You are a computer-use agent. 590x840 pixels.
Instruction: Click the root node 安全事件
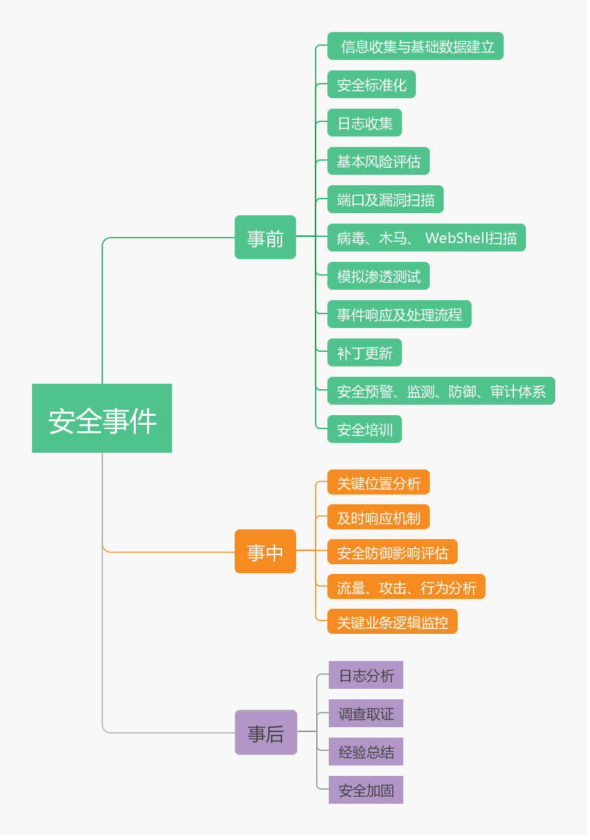[x=102, y=419]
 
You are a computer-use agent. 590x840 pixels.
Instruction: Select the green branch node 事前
[x=265, y=238]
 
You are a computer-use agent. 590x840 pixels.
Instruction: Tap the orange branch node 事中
[x=265, y=552]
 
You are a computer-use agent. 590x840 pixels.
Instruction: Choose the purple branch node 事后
[x=265, y=733]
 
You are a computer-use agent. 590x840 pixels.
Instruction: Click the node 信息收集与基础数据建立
[x=415, y=47]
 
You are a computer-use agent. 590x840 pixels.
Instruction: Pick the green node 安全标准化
[x=371, y=85]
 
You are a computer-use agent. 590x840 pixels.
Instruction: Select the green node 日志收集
[x=364, y=123]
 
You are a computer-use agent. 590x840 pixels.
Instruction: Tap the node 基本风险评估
[x=378, y=162]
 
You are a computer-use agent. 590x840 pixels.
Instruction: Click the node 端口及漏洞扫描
[x=385, y=200]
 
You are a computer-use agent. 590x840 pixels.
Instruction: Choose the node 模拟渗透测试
[x=378, y=277]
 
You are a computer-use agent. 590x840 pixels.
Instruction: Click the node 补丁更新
[x=364, y=353]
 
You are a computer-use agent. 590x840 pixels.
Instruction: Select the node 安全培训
[x=364, y=430]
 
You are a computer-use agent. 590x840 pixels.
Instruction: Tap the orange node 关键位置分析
[x=378, y=483]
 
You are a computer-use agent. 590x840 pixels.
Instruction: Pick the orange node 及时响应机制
[x=378, y=518]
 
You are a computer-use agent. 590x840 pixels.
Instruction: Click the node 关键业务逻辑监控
[x=392, y=622]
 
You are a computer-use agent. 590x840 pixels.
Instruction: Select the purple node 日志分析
[x=366, y=676]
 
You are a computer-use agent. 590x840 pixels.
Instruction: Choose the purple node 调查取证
[x=366, y=714]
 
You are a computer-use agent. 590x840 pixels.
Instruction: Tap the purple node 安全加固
[x=366, y=791]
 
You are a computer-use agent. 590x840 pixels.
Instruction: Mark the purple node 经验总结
[x=366, y=752]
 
